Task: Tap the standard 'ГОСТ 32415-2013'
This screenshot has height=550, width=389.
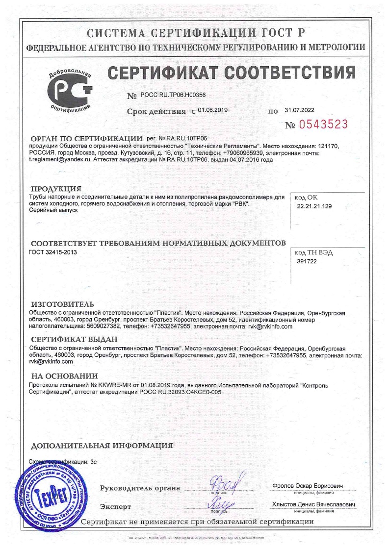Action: click(x=53, y=252)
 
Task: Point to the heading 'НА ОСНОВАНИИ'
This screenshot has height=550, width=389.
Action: click(x=64, y=376)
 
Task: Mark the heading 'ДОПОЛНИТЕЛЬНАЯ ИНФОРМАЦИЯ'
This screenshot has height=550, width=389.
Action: click(x=102, y=446)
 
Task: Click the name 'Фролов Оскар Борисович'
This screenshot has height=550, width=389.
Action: click(x=306, y=485)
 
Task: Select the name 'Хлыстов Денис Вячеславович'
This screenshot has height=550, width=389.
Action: click(x=313, y=505)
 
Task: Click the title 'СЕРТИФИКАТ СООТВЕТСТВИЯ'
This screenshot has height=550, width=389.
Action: click(x=232, y=74)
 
